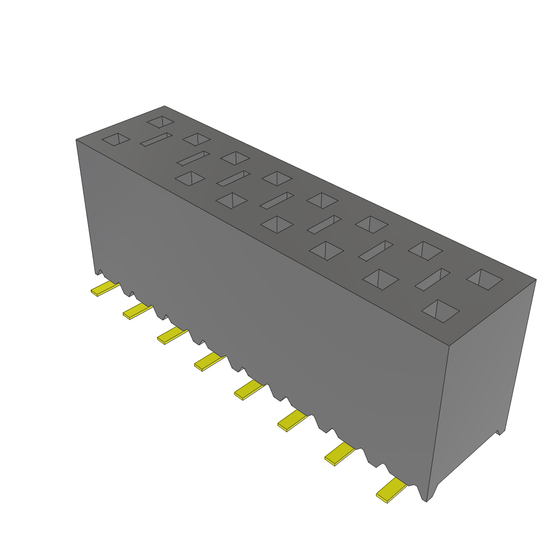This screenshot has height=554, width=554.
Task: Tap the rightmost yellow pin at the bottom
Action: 391,490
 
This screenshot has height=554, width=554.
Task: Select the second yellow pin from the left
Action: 137,311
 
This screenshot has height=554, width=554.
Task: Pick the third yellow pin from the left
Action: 172,335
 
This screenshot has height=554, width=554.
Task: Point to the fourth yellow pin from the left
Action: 209,361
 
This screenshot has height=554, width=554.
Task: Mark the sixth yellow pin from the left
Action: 292,420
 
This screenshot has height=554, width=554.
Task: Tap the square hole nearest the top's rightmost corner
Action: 484,278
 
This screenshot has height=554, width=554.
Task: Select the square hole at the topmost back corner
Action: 160,121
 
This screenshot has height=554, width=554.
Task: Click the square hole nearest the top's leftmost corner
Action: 116,139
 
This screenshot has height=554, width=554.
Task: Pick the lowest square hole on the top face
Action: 440,311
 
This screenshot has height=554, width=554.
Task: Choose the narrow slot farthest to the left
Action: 156,140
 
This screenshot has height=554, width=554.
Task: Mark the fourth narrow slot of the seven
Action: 276,200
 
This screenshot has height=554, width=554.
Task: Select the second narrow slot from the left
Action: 193,158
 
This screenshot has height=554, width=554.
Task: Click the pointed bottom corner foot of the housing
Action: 428,499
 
